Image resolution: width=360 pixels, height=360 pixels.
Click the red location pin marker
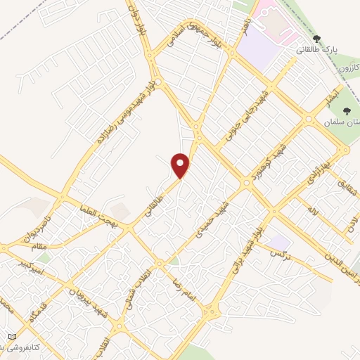click(x=181, y=166)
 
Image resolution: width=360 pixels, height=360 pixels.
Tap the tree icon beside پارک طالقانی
click(x=316, y=39)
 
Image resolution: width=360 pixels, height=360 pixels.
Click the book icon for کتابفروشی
click(x=11, y=337)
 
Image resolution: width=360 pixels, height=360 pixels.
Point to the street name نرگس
click(x=281, y=251)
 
